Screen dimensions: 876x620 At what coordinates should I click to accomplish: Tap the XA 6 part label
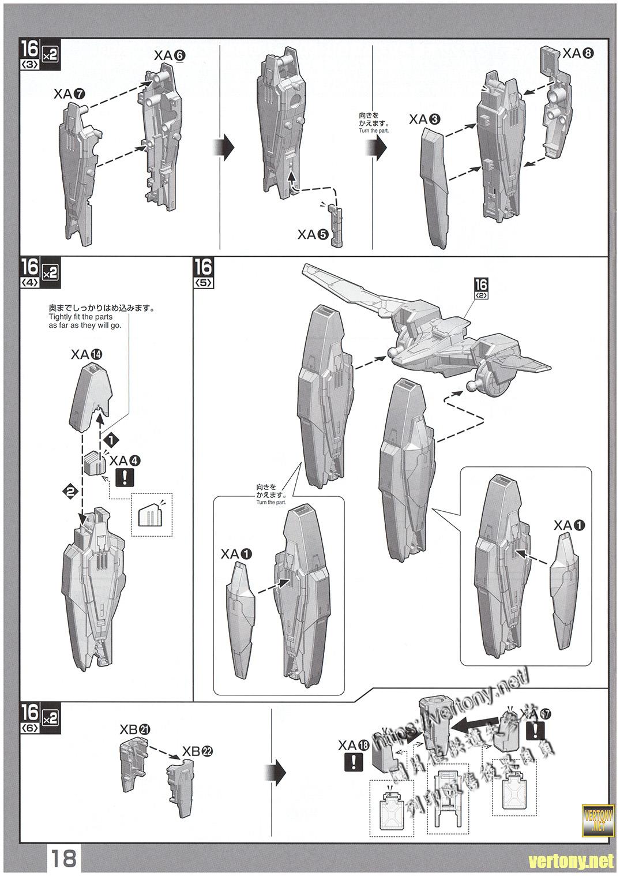[170, 55]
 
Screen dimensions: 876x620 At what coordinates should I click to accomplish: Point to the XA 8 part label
[578, 53]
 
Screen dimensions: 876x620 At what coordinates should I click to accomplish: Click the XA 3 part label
[425, 119]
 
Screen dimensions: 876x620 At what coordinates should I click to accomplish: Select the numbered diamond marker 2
[70, 492]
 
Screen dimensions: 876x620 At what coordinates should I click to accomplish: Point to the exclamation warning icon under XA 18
[353, 762]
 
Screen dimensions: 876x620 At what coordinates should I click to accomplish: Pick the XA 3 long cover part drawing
[436, 188]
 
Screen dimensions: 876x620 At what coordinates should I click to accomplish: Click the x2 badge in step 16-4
[50, 272]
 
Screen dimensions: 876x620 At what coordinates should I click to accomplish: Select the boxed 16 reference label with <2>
[481, 287]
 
